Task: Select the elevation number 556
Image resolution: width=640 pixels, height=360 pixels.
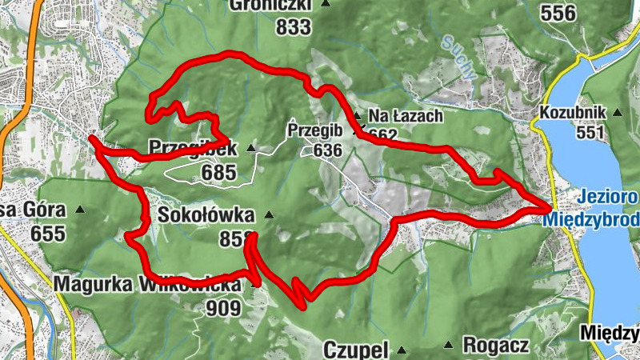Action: click(x=558, y=13)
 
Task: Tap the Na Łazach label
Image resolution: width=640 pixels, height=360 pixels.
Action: click(x=406, y=116)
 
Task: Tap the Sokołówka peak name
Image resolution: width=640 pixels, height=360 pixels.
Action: click(x=206, y=215)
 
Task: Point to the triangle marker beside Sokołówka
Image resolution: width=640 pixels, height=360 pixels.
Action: click(x=269, y=214)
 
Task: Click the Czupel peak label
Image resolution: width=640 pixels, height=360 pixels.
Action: click(x=356, y=350)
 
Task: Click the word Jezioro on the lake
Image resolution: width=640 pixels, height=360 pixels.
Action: click(x=609, y=198)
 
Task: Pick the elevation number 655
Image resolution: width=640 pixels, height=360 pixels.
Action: click(x=48, y=234)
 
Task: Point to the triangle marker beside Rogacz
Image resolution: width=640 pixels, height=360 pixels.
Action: click(x=447, y=346)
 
